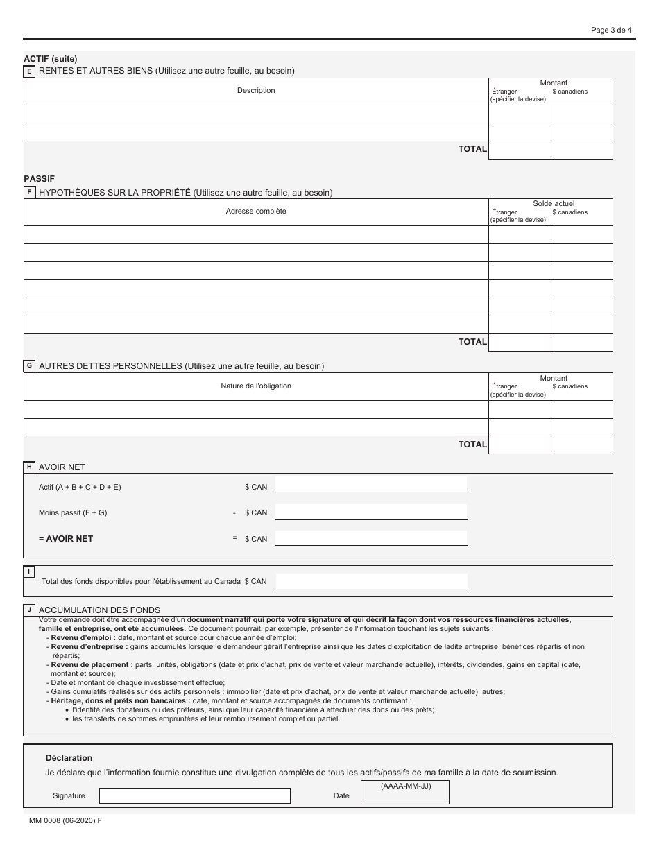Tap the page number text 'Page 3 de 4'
[x=611, y=30]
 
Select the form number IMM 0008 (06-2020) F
[x=62, y=820]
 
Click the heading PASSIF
[x=39, y=178]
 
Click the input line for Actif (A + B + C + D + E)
[x=371, y=484]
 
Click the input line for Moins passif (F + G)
[x=371, y=512]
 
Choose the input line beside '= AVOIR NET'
[x=371, y=537]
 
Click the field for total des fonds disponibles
[x=371, y=581]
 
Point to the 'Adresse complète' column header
[x=256, y=211]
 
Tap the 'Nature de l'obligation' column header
[x=256, y=386]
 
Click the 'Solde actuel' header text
[x=554, y=204]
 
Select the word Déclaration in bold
[x=69, y=758]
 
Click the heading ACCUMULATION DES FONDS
[x=100, y=610]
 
